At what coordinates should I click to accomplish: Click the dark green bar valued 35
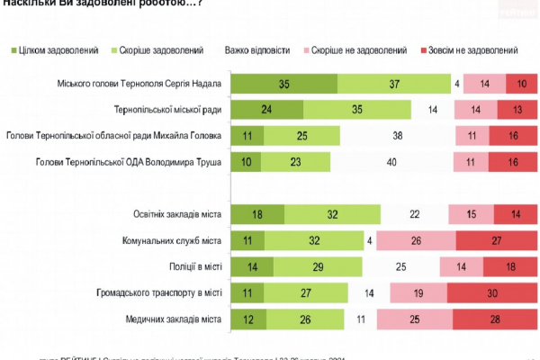click(283, 84)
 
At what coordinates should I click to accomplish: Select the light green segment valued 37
click(394, 84)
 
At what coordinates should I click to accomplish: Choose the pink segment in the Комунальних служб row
click(417, 241)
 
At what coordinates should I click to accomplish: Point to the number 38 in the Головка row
click(397, 137)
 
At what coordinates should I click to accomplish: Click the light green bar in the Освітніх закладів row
click(331, 215)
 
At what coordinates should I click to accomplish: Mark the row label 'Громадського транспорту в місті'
click(157, 293)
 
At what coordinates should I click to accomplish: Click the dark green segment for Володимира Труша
click(246, 163)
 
